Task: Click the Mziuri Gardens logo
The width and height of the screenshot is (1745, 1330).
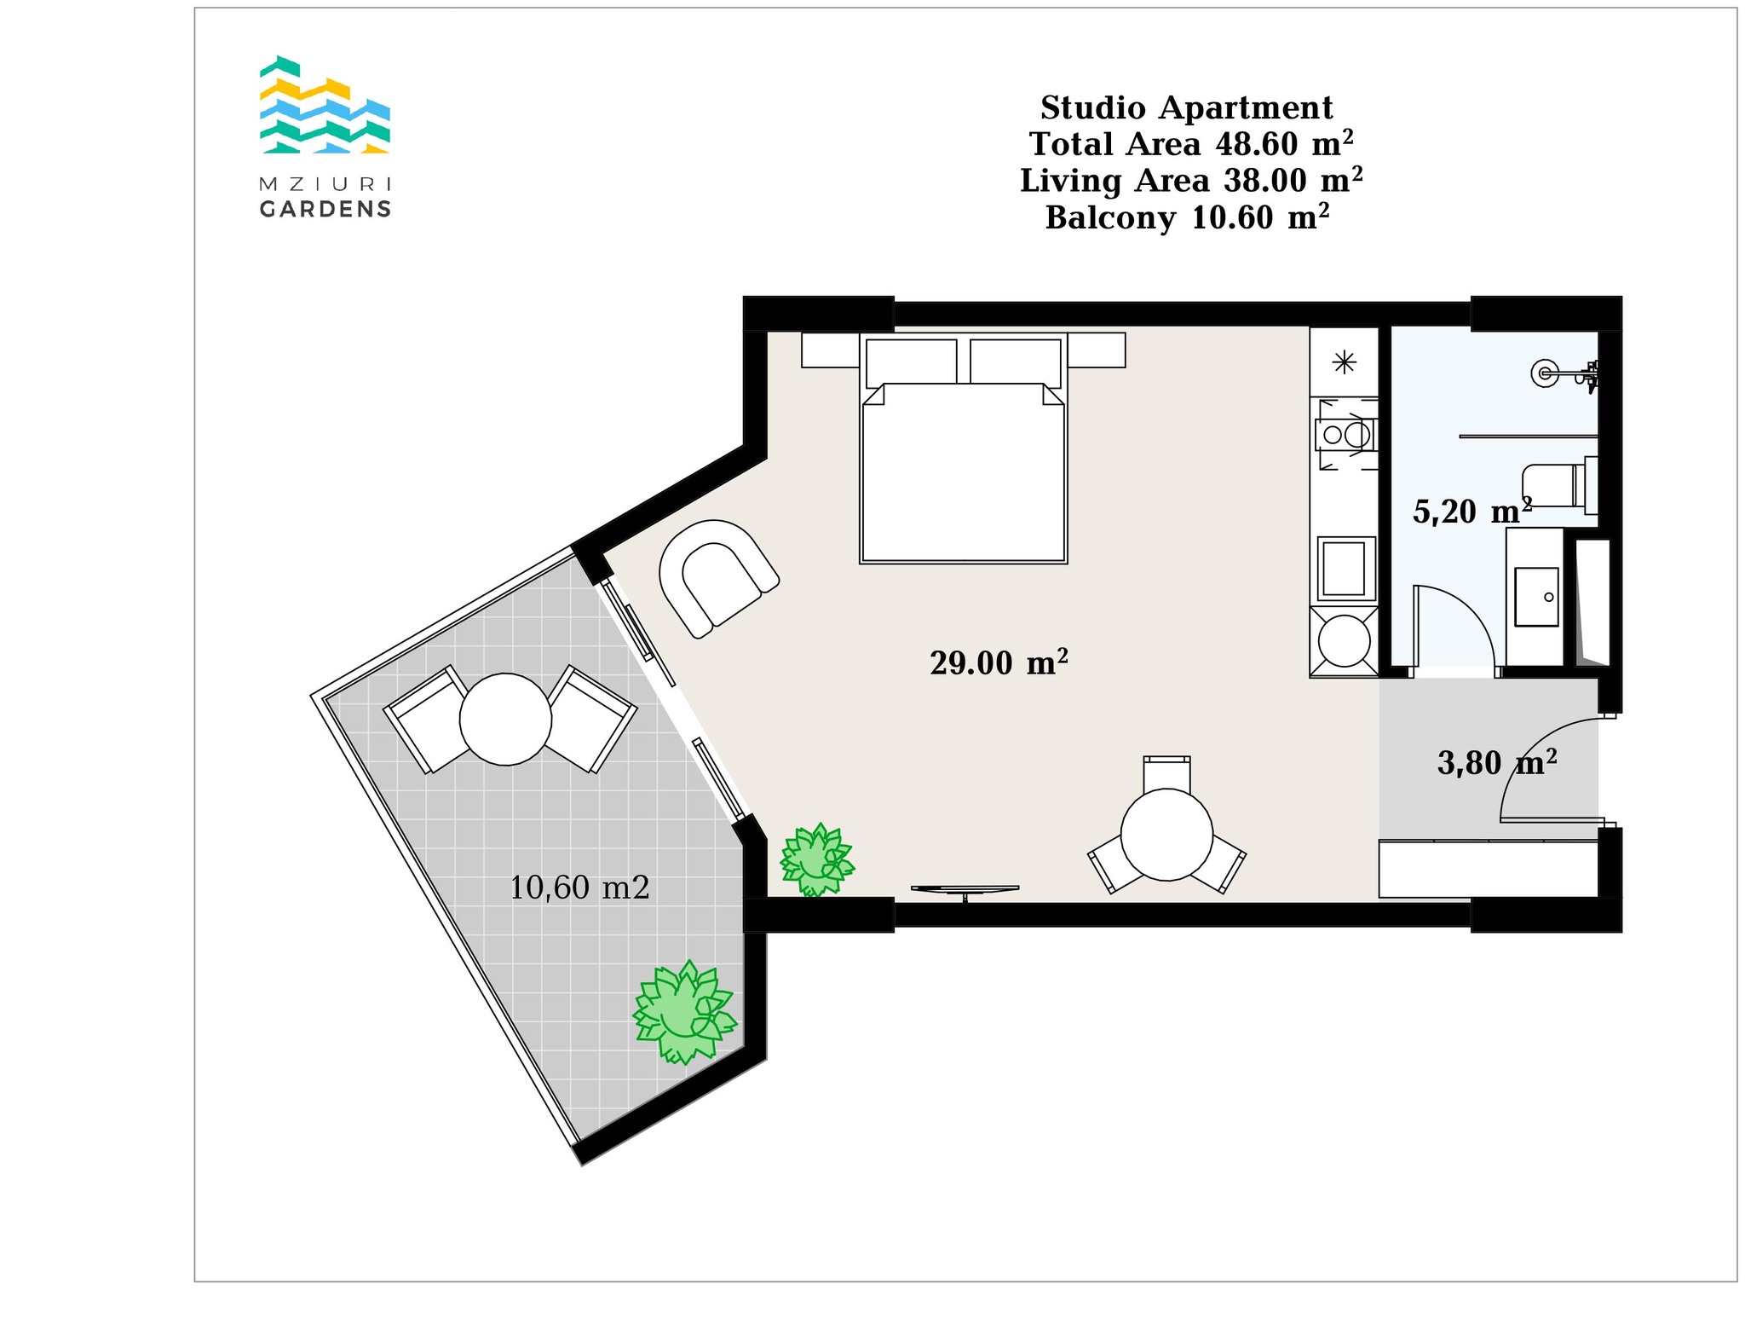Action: click(325, 136)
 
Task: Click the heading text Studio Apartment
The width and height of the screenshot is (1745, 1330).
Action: click(1187, 108)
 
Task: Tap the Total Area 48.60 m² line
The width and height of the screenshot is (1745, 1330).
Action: click(1191, 144)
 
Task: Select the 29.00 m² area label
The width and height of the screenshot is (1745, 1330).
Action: click(999, 662)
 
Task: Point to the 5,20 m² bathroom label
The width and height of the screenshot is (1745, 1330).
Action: click(1472, 511)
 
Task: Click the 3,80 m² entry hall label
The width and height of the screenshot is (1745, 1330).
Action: click(1497, 762)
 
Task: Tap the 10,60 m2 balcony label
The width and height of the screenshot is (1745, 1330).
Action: click(579, 888)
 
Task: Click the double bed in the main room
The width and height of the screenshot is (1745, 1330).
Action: click(964, 448)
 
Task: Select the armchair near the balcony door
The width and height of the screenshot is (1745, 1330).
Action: click(718, 578)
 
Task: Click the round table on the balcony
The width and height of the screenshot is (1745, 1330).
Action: click(505, 719)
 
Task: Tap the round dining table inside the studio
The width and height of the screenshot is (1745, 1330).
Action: click(1166, 835)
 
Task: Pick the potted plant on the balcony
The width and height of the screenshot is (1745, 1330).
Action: click(683, 1012)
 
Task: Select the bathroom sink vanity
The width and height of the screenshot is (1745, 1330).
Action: click(1535, 597)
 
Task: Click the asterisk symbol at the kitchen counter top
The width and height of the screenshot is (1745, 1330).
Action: click(1345, 363)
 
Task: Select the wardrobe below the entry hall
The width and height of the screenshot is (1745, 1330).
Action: click(1489, 869)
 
